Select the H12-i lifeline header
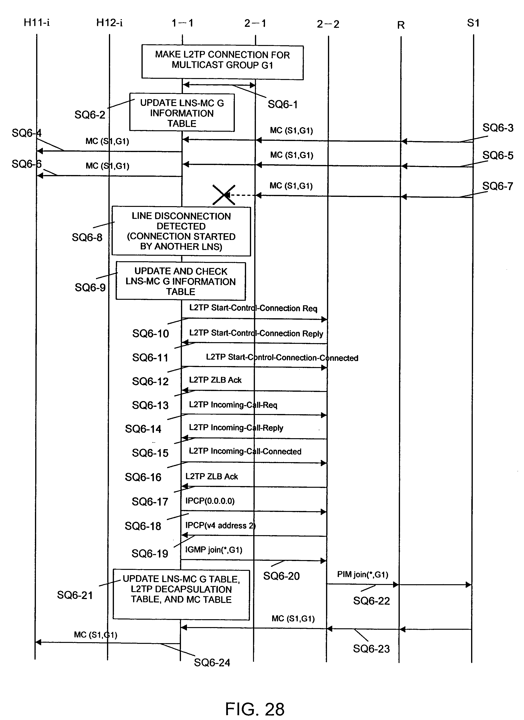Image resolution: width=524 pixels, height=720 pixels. coord(109,23)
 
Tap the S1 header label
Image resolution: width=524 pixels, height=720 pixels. coord(473,23)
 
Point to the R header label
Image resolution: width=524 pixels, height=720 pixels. coord(401,25)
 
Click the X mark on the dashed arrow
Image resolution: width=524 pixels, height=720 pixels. coord(224,195)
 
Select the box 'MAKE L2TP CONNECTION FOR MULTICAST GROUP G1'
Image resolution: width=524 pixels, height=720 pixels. coord(222,62)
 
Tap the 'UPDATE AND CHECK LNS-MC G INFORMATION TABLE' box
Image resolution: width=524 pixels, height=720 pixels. coord(180,281)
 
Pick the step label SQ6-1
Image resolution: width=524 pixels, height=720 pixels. coord(282,104)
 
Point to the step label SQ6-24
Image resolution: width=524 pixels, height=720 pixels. coord(212,663)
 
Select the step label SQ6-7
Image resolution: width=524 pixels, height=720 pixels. coord(498,186)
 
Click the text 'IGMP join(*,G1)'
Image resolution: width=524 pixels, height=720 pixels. coord(214,550)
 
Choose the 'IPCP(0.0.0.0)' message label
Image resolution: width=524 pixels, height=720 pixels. coord(210,501)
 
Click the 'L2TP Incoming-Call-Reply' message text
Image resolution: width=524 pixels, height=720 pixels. coord(236,428)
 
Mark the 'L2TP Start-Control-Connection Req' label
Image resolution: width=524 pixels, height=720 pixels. coord(253,308)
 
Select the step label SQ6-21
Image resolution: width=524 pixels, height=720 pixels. coord(75,595)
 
